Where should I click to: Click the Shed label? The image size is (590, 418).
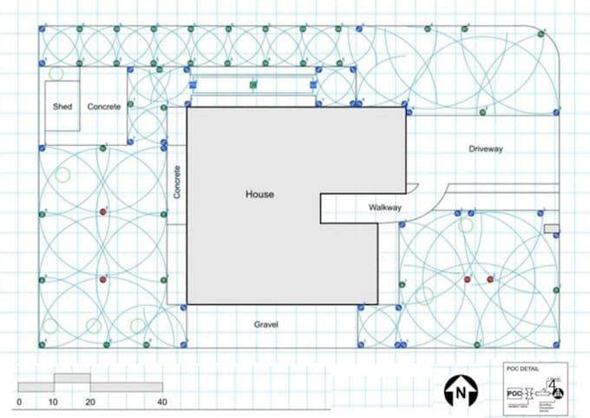[62, 106]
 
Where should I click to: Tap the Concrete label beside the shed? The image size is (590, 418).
[104, 106]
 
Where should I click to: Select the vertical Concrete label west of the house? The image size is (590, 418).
[177, 183]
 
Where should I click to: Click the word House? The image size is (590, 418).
[259, 195]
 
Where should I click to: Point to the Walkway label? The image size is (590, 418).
[385, 208]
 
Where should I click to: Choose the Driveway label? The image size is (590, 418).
[486, 149]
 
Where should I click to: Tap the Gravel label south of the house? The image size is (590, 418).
[265, 324]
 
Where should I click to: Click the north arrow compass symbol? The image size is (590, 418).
[457, 392]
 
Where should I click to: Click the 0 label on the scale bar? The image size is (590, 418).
[18, 402]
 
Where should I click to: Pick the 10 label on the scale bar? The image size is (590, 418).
[54, 402]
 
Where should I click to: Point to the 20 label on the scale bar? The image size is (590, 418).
[90, 402]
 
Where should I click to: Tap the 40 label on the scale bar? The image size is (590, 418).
[161, 402]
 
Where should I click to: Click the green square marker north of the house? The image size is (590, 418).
[253, 85]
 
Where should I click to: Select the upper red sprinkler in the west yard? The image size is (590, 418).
[103, 211]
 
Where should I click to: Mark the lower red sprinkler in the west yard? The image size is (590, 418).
[103, 280]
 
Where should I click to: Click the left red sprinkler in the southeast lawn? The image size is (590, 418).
[468, 279]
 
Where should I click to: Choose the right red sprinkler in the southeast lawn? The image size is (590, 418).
[490, 279]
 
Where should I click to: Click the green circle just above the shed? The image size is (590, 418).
[56, 74]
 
